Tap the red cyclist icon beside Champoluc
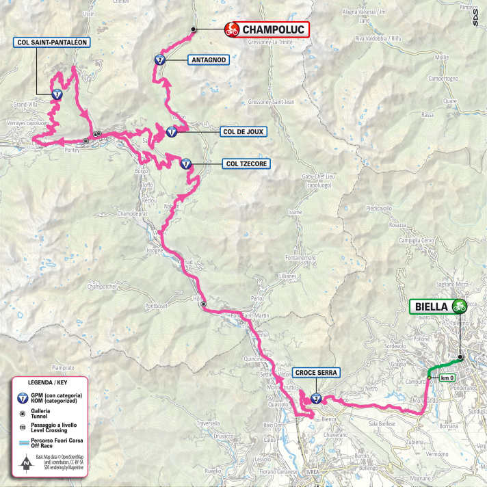click(232, 29)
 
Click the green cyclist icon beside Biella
click(459, 306)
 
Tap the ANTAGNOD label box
click(207, 60)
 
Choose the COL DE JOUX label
click(243, 130)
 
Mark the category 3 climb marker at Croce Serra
click(315, 397)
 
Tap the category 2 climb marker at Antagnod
click(159, 60)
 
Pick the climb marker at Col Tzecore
click(185, 163)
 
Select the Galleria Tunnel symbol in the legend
click(23, 413)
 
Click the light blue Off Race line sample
click(23, 443)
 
